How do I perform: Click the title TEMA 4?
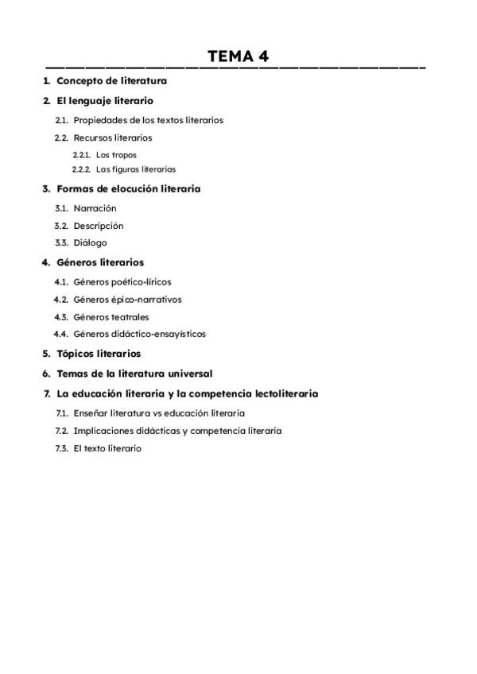pyautogui.click(x=238, y=56)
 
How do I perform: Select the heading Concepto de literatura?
pyautogui.click(x=111, y=81)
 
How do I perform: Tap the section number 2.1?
pyautogui.click(x=61, y=121)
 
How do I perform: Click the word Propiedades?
pyautogui.click(x=99, y=121)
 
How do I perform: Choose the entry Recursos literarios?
pyautogui.click(x=113, y=138)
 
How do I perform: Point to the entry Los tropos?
pyautogui.click(x=116, y=155)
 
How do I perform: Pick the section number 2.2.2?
pyautogui.click(x=81, y=169)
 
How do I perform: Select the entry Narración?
pyautogui.click(x=95, y=208)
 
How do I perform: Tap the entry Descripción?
pyautogui.click(x=99, y=226)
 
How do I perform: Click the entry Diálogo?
pyautogui.click(x=90, y=243)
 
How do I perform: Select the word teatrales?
pyautogui.click(x=130, y=317)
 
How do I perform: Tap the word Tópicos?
pyautogui.click(x=76, y=354)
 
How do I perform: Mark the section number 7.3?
pyautogui.click(x=61, y=448)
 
